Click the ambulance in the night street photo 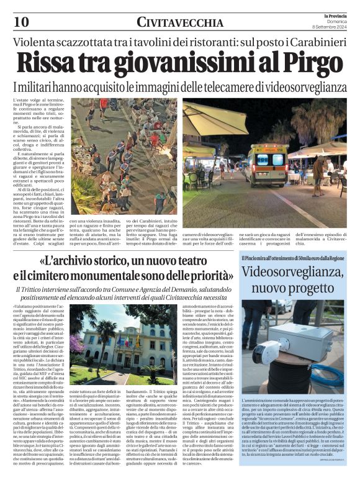266,163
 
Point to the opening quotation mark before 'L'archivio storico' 44,260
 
